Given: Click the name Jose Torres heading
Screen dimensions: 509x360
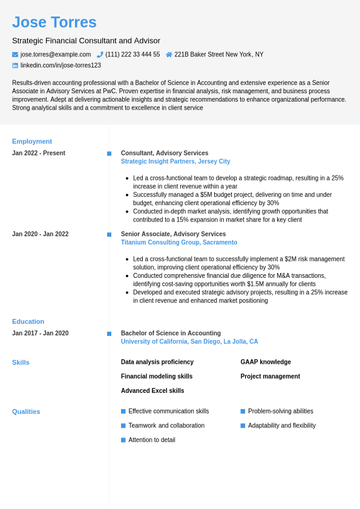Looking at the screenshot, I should pyautogui.click(x=54, y=22).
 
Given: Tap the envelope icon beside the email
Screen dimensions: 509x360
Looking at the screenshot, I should pyautogui.click(x=15, y=54).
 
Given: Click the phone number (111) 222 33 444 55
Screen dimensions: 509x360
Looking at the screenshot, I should pyautogui.click(x=133, y=54).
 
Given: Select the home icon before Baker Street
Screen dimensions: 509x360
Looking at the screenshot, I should pyautogui.click(x=169, y=54).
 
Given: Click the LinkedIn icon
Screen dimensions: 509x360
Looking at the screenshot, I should pyautogui.click(x=15, y=65).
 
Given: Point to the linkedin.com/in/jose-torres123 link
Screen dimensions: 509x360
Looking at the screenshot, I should pyautogui.click(x=61, y=65).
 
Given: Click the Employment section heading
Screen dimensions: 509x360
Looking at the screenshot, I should pyautogui.click(x=32, y=141).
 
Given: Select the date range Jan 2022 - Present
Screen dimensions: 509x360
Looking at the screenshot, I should pyautogui.click(x=39, y=153).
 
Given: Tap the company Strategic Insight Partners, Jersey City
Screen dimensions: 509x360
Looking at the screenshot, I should pyautogui.click(x=175, y=162).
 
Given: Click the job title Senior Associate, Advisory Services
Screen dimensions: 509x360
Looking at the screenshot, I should pyautogui.click(x=173, y=234).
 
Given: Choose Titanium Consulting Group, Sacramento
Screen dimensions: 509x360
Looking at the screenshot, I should pyautogui.click(x=179, y=243).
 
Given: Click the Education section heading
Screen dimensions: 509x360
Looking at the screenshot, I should pyautogui.click(x=28, y=321).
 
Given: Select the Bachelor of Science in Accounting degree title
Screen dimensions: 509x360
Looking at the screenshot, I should pyautogui.click(x=171, y=333).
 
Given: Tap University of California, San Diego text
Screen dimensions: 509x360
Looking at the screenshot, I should pyautogui.click(x=189, y=342).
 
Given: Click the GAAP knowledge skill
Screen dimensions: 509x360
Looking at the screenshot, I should pyautogui.click(x=266, y=362).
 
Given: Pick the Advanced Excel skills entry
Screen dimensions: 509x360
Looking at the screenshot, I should pyautogui.click(x=152, y=391).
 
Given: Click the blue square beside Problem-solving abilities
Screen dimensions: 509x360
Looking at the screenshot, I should pyautogui.click(x=243, y=412).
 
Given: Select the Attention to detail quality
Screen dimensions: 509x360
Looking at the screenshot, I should pyautogui.click(x=152, y=440).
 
